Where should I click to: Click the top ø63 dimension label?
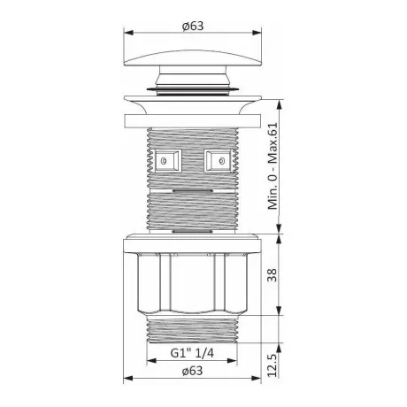click(x=193, y=26)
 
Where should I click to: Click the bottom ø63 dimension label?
click(x=192, y=371)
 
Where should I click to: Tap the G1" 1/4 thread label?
click(x=192, y=353)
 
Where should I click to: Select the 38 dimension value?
click(x=273, y=275)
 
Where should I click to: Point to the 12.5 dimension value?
click(x=273, y=365)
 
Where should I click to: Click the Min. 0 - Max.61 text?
click(x=273, y=165)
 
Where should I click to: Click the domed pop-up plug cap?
click(x=193, y=58)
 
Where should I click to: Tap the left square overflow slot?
click(x=168, y=161)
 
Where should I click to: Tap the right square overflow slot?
click(x=218, y=161)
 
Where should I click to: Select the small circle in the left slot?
click(x=164, y=161)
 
